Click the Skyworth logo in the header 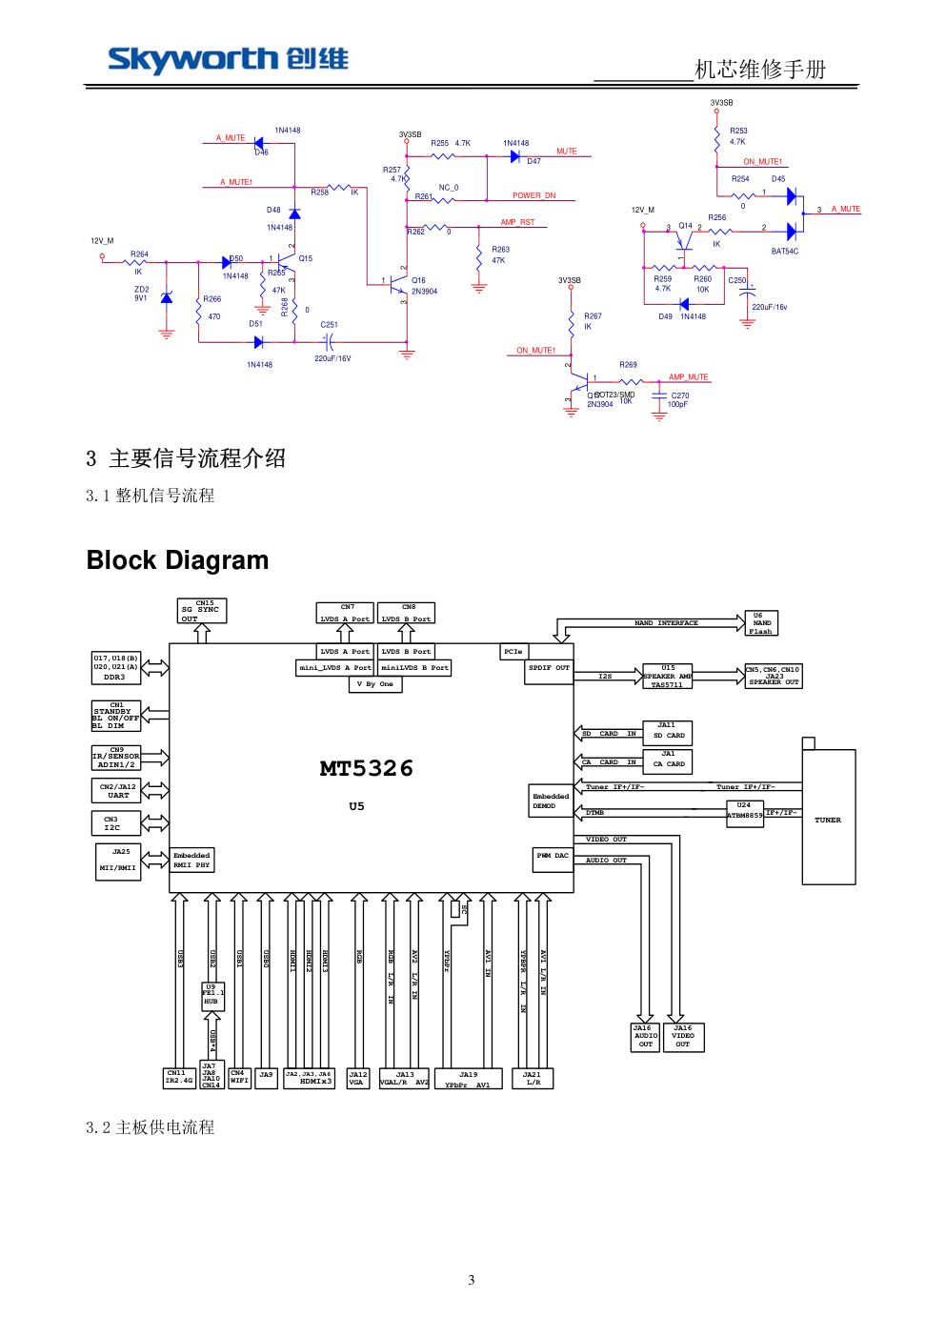228,59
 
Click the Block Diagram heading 177,560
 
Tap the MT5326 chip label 366,768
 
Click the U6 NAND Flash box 760,623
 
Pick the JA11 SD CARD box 668,732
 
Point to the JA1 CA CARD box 668,760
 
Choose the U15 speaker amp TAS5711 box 668,677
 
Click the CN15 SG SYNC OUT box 202,611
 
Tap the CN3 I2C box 115,823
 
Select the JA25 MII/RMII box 118,862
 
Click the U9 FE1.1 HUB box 211,996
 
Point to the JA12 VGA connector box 357,1079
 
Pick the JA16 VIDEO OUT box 683,1037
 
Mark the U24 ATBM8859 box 744,812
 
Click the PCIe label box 513,652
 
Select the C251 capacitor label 329,325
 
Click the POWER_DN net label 533,195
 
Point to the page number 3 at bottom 472,1280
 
